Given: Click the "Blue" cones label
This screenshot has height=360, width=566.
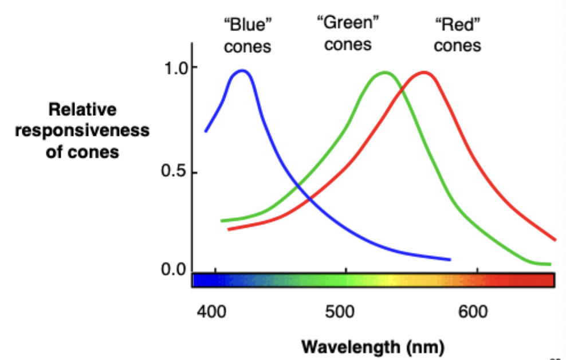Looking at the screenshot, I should [247, 36].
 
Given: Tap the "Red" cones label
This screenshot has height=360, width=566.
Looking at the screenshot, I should [457, 36].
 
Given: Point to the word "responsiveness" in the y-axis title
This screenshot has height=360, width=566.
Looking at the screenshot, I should [82, 131].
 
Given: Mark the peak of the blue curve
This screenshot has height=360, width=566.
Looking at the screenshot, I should [243, 71].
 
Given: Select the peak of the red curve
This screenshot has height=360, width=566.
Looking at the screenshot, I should [424, 72].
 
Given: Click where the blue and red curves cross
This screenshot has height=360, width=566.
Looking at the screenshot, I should [310, 199].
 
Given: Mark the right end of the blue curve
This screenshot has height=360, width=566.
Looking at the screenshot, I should [450, 260].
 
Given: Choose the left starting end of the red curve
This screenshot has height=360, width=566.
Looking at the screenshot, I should [229, 229].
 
